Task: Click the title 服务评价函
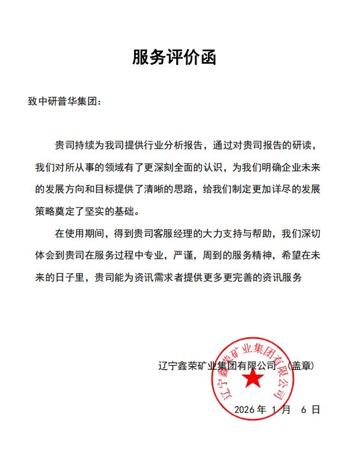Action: coord(174,58)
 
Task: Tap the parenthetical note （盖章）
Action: coord(301,365)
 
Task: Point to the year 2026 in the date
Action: coord(245,409)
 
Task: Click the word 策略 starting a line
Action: coord(46,211)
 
